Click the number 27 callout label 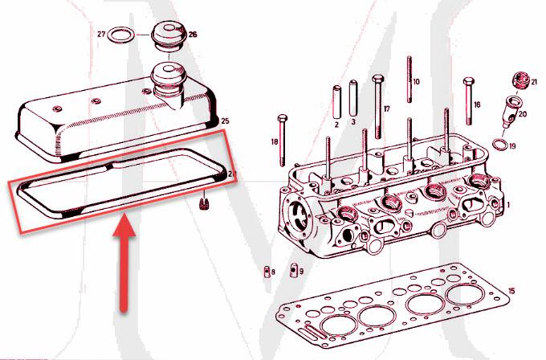[x=102, y=35]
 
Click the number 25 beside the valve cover [x=225, y=121]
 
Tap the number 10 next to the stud [x=416, y=82]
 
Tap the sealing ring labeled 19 [x=498, y=145]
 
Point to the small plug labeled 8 [x=265, y=271]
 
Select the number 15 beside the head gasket [x=512, y=290]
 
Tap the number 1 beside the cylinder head [x=508, y=205]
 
